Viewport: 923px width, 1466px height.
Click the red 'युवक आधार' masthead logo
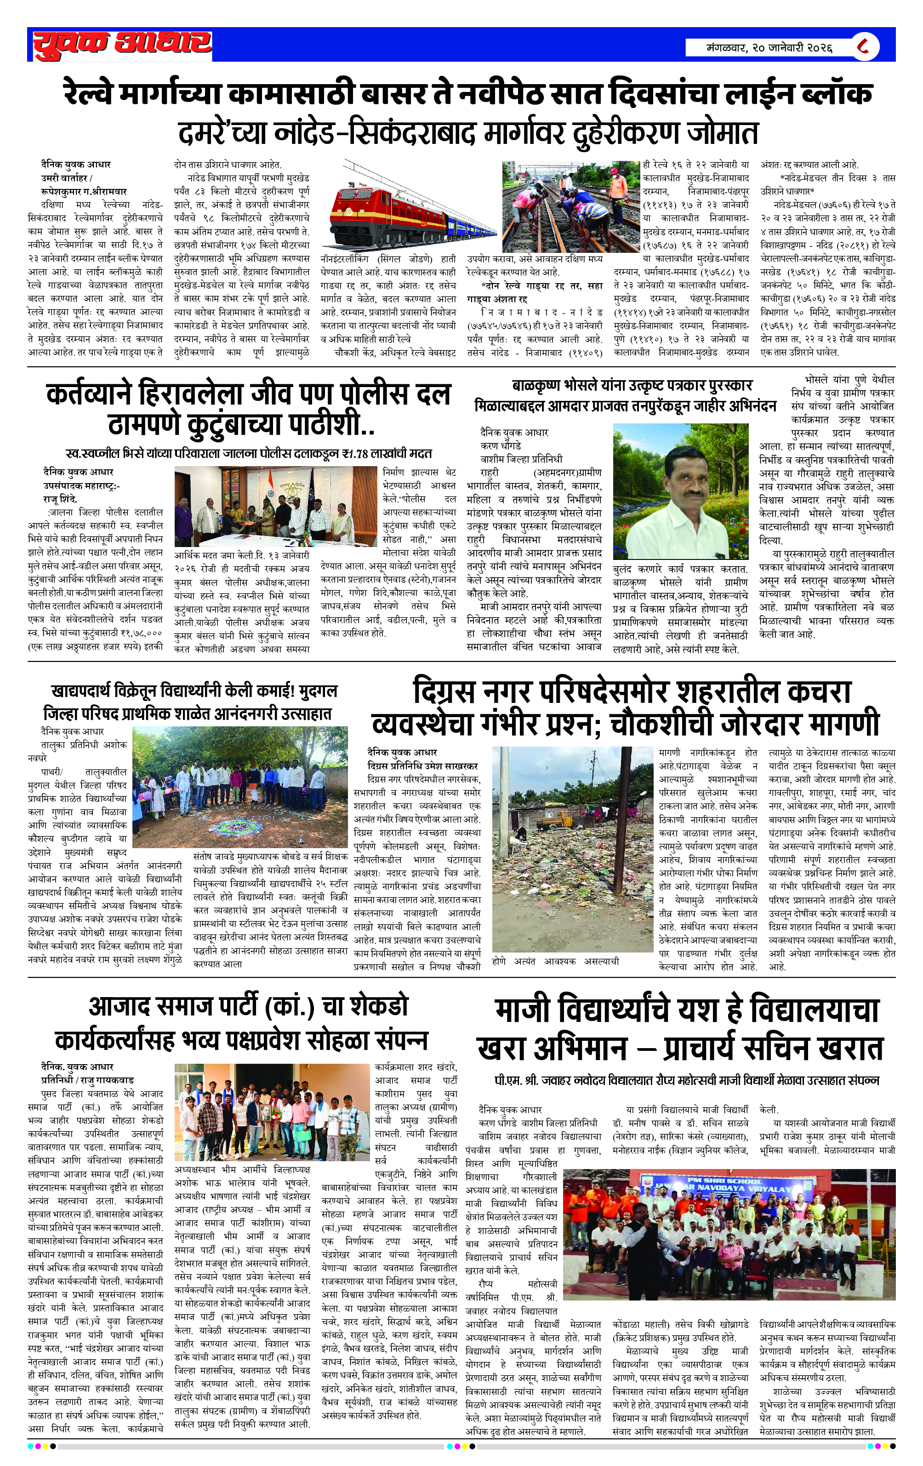coord(122,45)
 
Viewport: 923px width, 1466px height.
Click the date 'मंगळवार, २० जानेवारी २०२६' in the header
coord(769,47)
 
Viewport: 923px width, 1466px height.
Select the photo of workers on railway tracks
coord(570,206)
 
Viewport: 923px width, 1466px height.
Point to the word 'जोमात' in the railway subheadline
coord(723,133)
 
